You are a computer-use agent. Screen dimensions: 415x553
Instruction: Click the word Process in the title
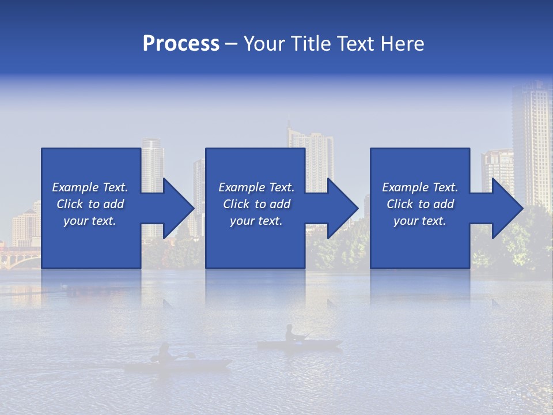click(181, 43)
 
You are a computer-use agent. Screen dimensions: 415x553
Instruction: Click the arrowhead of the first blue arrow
click(178, 208)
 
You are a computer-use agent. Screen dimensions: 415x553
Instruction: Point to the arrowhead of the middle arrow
click(342, 208)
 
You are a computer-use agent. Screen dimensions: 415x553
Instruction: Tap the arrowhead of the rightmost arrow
click(507, 208)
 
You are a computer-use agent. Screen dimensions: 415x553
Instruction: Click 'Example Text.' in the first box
click(90, 187)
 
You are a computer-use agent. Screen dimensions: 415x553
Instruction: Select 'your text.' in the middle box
click(256, 221)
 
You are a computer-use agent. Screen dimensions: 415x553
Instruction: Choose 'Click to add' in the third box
click(420, 204)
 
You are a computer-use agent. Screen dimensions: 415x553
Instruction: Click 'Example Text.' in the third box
click(420, 187)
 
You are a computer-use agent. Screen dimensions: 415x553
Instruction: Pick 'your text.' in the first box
click(90, 221)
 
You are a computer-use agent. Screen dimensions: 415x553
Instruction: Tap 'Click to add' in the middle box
click(256, 204)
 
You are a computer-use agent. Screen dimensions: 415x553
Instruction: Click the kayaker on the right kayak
click(291, 334)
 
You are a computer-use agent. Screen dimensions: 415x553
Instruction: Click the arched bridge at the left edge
click(17, 257)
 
